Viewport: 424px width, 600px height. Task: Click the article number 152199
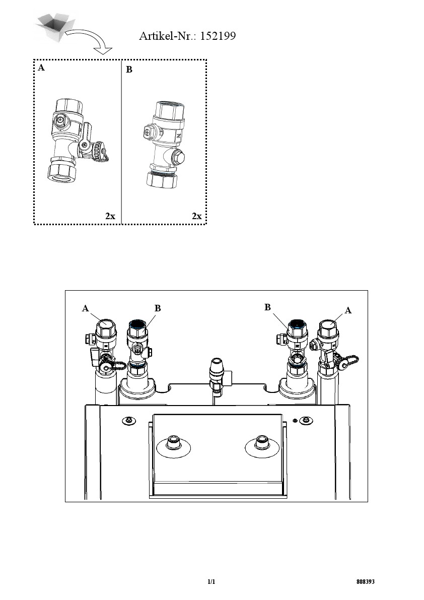(218, 36)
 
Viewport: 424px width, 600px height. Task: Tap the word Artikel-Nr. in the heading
(168, 36)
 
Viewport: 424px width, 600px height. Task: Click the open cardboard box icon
(55, 26)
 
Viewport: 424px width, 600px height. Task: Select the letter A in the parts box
(41, 68)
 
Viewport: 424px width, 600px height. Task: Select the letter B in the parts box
(129, 70)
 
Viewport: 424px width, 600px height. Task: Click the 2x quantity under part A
(110, 216)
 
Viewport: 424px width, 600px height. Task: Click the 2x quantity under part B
(196, 216)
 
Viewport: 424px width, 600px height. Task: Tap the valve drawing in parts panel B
(165, 145)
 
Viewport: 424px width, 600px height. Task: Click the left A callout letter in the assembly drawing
(85, 308)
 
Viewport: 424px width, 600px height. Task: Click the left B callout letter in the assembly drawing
(158, 308)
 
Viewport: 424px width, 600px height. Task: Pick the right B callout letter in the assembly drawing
(267, 307)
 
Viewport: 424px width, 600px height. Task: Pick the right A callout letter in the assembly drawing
(348, 310)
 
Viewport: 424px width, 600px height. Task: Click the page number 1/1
(211, 582)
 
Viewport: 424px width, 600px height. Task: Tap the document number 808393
(366, 582)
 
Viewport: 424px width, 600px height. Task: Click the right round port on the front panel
(262, 445)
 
